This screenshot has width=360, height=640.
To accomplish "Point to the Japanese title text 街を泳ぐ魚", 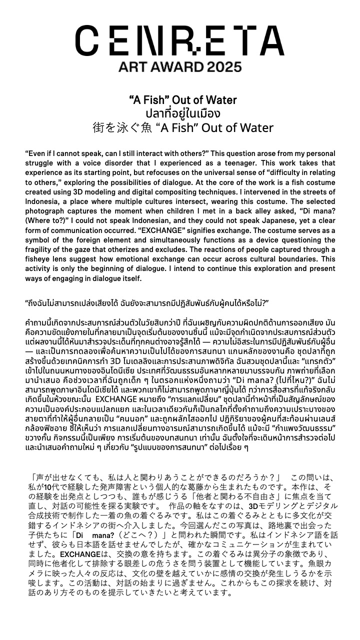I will point(118,128).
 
